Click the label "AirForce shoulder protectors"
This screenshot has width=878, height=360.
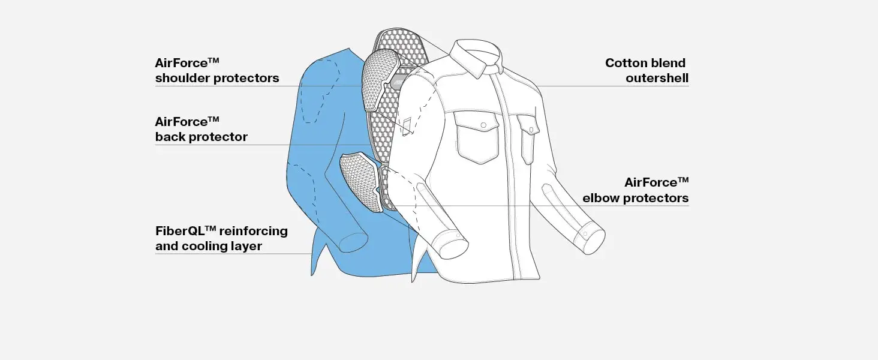coord(217,70)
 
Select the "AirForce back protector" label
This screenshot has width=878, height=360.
coord(201,129)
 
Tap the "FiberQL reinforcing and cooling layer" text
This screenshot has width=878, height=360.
coord(221,238)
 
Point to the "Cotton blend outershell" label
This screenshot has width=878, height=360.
coord(647,70)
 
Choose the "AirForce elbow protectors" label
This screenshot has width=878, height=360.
coord(636,190)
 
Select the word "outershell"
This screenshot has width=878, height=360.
coord(657,78)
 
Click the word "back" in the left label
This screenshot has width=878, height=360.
coord(170,137)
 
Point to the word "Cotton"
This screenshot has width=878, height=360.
coord(626,63)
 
